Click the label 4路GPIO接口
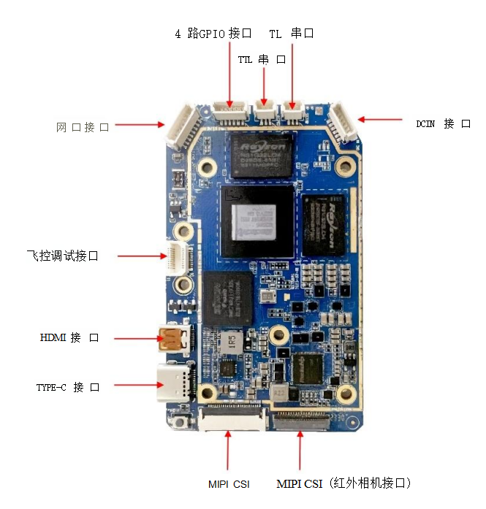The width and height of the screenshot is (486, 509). coord(213,34)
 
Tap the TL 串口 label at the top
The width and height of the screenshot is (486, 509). coord(291,34)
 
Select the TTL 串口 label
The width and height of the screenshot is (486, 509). coord(262,59)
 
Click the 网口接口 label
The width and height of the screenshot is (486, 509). coord(83,127)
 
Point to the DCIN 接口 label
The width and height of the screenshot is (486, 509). coord(443,123)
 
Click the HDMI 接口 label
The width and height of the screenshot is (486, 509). coord(69,337)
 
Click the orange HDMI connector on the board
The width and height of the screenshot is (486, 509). coord(172,339)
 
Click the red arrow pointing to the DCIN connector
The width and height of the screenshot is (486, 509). coord(380,119)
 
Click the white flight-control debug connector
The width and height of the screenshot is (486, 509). coord(175,256)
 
